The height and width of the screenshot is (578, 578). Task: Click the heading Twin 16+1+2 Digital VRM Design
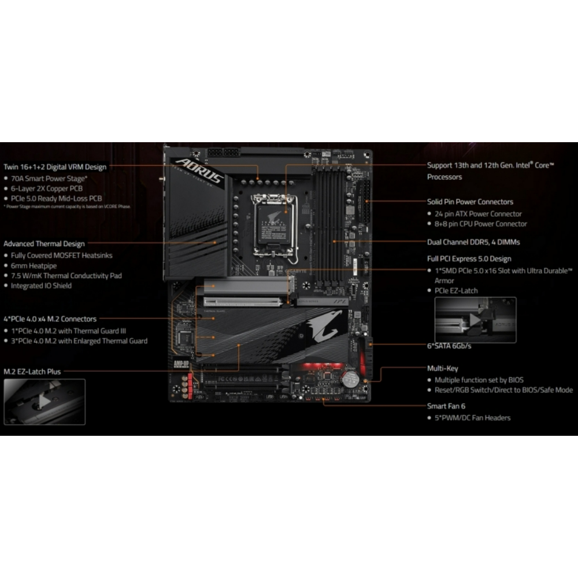point(55,167)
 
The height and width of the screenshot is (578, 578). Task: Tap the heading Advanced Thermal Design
point(44,244)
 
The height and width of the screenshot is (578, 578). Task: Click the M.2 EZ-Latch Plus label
point(32,372)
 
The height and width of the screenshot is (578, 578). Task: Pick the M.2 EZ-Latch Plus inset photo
point(45,402)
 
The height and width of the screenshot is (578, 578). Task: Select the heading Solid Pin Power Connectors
point(470,202)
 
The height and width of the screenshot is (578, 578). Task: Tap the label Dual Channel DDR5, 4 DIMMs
point(473,242)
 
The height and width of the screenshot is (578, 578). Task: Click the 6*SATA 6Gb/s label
point(449,346)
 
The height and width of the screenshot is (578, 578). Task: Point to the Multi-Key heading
point(442,368)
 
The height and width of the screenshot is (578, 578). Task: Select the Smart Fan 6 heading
point(447,406)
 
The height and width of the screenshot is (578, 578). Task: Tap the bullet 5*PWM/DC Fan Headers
point(472,418)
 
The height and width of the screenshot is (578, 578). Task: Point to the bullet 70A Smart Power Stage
point(49,179)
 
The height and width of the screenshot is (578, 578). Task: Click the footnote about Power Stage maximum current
point(67,206)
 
